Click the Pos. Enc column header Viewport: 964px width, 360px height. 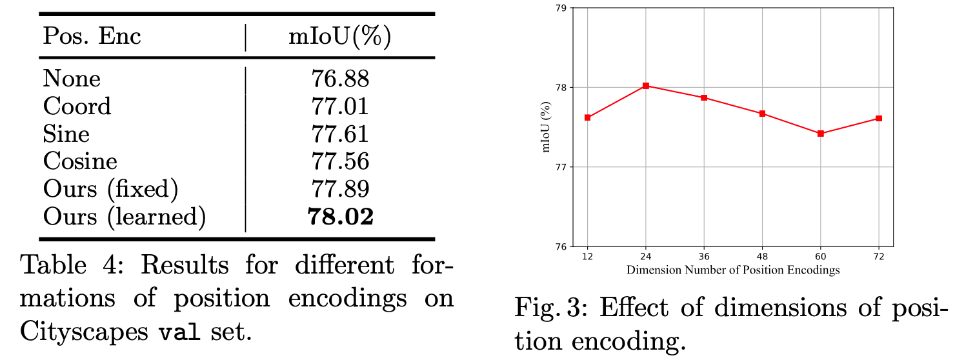pyautogui.click(x=92, y=37)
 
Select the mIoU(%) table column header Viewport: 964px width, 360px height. pyautogui.click(x=339, y=37)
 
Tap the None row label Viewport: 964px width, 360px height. pyautogui.click(x=72, y=79)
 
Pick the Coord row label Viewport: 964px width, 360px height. pyautogui.click(x=77, y=106)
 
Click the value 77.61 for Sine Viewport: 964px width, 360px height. pyautogui.click(x=339, y=134)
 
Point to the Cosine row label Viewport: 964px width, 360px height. pyautogui.click(x=80, y=161)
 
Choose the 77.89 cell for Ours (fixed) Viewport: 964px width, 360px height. pyautogui.click(x=339, y=189)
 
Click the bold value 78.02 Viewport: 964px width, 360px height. pyautogui.click(x=340, y=217)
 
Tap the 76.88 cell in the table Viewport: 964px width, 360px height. pyautogui.click(x=339, y=79)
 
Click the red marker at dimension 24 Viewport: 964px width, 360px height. pyautogui.click(x=645, y=86)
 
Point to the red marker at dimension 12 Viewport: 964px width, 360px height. pyautogui.click(x=587, y=117)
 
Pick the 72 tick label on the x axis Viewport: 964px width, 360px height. pyautogui.click(x=878, y=257)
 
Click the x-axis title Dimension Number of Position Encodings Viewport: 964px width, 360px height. pyautogui.click(x=733, y=270)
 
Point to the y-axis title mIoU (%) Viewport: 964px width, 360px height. pyautogui.click(x=547, y=127)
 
